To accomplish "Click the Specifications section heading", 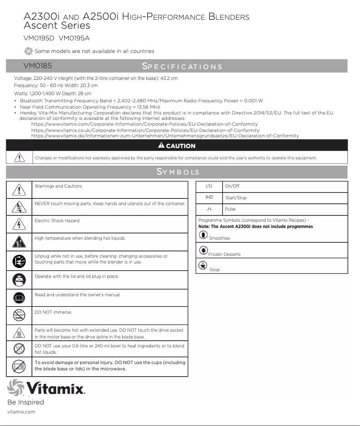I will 182,66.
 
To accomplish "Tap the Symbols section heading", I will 178,172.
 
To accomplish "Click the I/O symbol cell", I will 209,186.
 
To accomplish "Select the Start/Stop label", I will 236,198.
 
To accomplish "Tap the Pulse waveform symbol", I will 209,209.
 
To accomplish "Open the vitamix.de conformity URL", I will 165,136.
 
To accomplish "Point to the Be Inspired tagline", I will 26,402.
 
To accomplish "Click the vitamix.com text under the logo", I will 21,412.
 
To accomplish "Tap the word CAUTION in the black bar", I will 180,146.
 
